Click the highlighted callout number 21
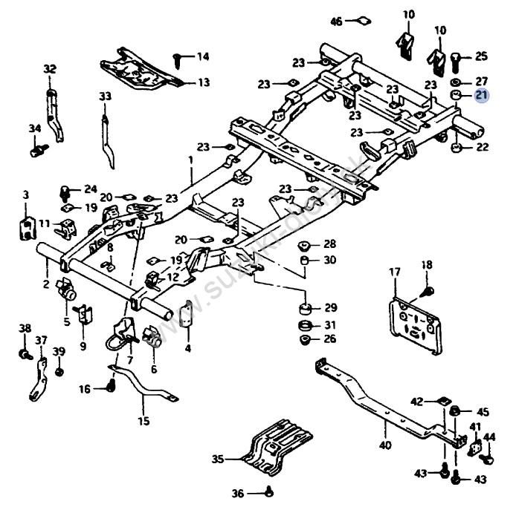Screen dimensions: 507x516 (x=481, y=95)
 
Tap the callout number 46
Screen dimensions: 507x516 (x=337, y=22)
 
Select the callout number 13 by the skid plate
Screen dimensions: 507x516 (x=202, y=82)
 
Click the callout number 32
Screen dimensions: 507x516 (x=50, y=69)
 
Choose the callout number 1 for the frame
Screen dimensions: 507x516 (x=190, y=159)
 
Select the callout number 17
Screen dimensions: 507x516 (x=394, y=272)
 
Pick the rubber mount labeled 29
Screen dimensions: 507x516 (x=303, y=307)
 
